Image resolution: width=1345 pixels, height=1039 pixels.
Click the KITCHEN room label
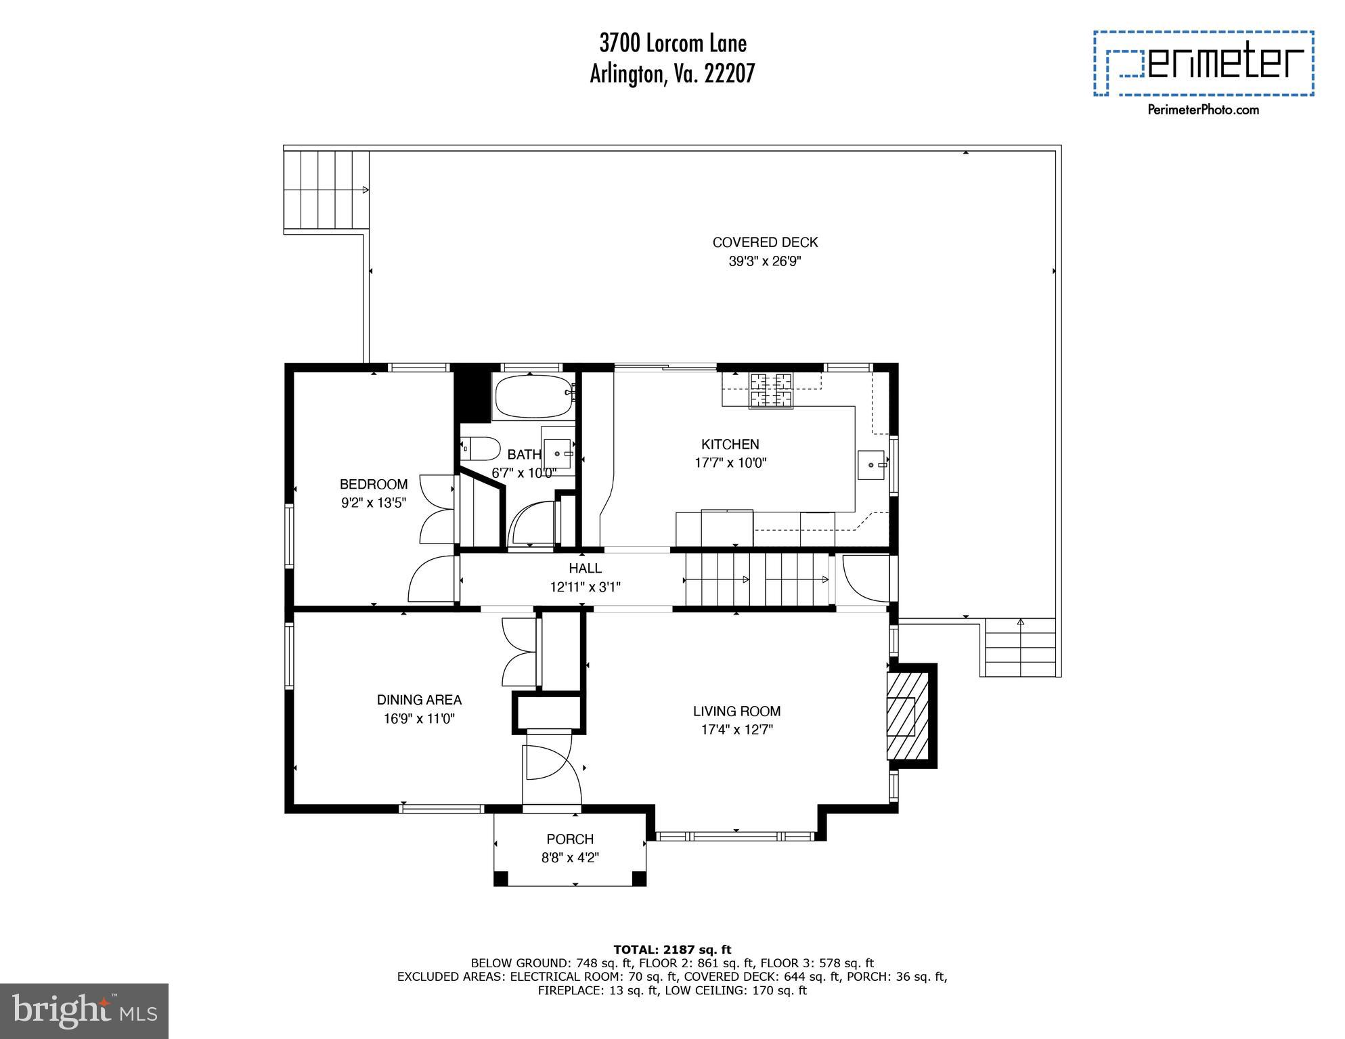(730, 445)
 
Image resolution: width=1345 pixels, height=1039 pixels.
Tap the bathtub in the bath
(534, 397)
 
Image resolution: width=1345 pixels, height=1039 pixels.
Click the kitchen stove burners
(770, 391)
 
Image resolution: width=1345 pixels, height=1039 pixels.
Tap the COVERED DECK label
(765, 242)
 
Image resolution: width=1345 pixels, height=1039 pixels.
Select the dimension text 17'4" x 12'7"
(736, 730)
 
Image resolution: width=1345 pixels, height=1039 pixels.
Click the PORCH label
(570, 839)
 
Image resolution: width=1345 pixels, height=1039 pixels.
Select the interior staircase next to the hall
(757, 579)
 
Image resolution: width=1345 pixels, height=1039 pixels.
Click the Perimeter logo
(1204, 64)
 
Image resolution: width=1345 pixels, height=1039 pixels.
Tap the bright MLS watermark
(84, 1011)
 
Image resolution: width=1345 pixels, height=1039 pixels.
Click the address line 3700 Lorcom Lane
(673, 44)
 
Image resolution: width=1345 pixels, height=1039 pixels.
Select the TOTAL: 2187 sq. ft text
(672, 950)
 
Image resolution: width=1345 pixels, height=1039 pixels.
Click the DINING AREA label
(419, 700)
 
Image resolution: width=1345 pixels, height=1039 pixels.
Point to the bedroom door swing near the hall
(432, 579)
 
